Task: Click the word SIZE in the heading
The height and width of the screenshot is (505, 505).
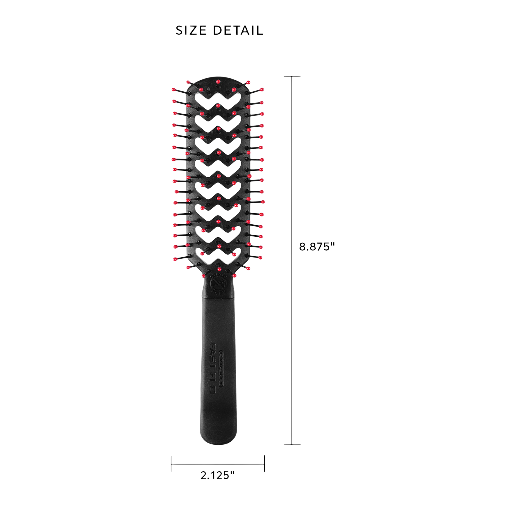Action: point(191,31)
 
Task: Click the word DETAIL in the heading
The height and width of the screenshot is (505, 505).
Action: point(238,31)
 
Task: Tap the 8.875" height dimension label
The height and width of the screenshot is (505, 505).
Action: point(317,246)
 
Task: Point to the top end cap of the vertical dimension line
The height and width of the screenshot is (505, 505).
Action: point(292,76)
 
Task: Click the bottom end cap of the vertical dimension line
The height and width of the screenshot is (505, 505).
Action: point(292,445)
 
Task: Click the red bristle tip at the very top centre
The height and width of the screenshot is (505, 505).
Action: point(218,82)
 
